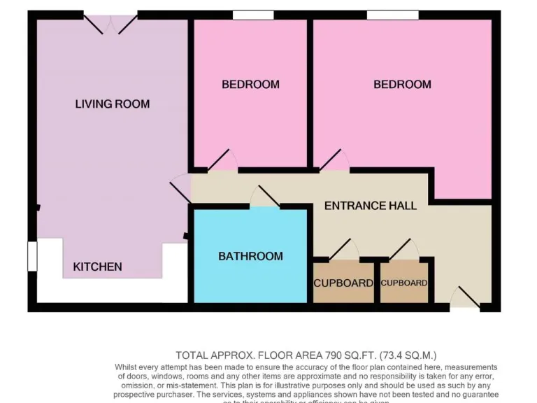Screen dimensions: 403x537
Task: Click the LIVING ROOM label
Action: click(112, 104)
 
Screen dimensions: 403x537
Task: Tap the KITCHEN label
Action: click(98, 267)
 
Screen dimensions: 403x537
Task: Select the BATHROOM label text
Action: click(250, 256)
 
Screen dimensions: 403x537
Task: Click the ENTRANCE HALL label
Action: click(370, 206)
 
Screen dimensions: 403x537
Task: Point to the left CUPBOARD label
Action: click(343, 283)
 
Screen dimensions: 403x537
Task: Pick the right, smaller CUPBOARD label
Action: click(403, 283)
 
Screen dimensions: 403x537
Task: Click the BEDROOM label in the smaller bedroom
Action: click(250, 85)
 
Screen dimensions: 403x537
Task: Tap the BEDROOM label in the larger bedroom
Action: click(402, 85)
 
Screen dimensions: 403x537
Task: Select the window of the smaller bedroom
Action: click(253, 15)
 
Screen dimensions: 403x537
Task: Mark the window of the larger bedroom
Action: click(392, 15)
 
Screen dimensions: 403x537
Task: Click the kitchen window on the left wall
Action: click(32, 256)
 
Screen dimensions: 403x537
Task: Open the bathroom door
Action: click(266, 198)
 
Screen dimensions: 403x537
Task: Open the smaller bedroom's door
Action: click(222, 162)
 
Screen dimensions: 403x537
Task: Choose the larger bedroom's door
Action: click(334, 162)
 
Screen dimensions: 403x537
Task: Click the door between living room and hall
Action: click(180, 189)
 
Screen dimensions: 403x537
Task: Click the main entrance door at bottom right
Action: click(466, 298)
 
